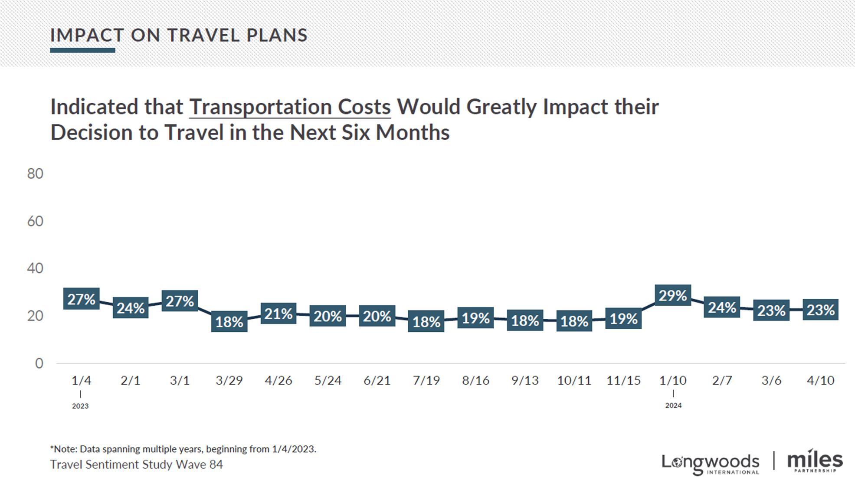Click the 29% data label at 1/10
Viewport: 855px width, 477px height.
tap(673, 296)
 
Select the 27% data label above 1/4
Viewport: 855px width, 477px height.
tap(81, 299)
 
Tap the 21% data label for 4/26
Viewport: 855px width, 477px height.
tap(278, 314)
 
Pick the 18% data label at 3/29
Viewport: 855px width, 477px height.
tap(229, 322)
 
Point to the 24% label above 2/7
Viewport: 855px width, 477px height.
tap(722, 307)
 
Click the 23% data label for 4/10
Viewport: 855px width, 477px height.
tap(820, 310)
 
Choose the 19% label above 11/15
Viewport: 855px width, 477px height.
tap(623, 319)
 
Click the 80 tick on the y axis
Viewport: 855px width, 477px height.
tap(35, 174)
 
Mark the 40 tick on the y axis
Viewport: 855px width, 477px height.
tap(35, 268)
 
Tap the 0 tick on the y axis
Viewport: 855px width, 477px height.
tap(39, 363)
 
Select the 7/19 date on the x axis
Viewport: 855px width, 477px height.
tap(426, 381)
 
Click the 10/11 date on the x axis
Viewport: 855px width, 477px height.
tap(574, 381)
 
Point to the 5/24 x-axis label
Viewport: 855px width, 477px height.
tap(328, 381)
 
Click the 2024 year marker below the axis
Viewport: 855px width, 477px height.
tap(673, 405)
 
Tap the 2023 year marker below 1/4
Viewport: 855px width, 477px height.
tap(80, 406)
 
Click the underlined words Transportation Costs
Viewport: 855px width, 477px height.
tap(290, 107)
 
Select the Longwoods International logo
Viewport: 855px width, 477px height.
tap(710, 463)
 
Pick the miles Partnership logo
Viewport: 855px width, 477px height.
tap(815, 461)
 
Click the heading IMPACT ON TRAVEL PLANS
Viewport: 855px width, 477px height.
tap(179, 35)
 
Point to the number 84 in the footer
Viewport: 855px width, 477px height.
tap(216, 464)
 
